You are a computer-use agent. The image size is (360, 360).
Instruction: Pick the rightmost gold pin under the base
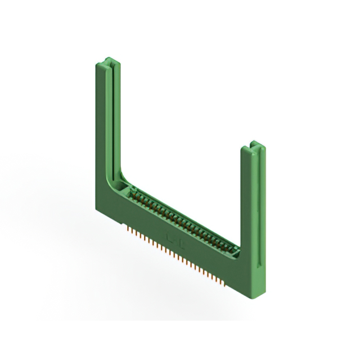coord(229,285)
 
